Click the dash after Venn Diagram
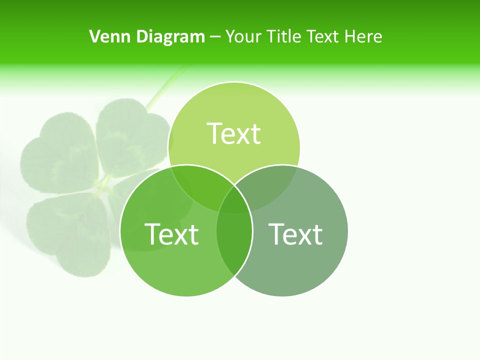coord(215,37)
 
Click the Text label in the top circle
coord(234,133)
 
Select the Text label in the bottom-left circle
coord(171,234)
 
